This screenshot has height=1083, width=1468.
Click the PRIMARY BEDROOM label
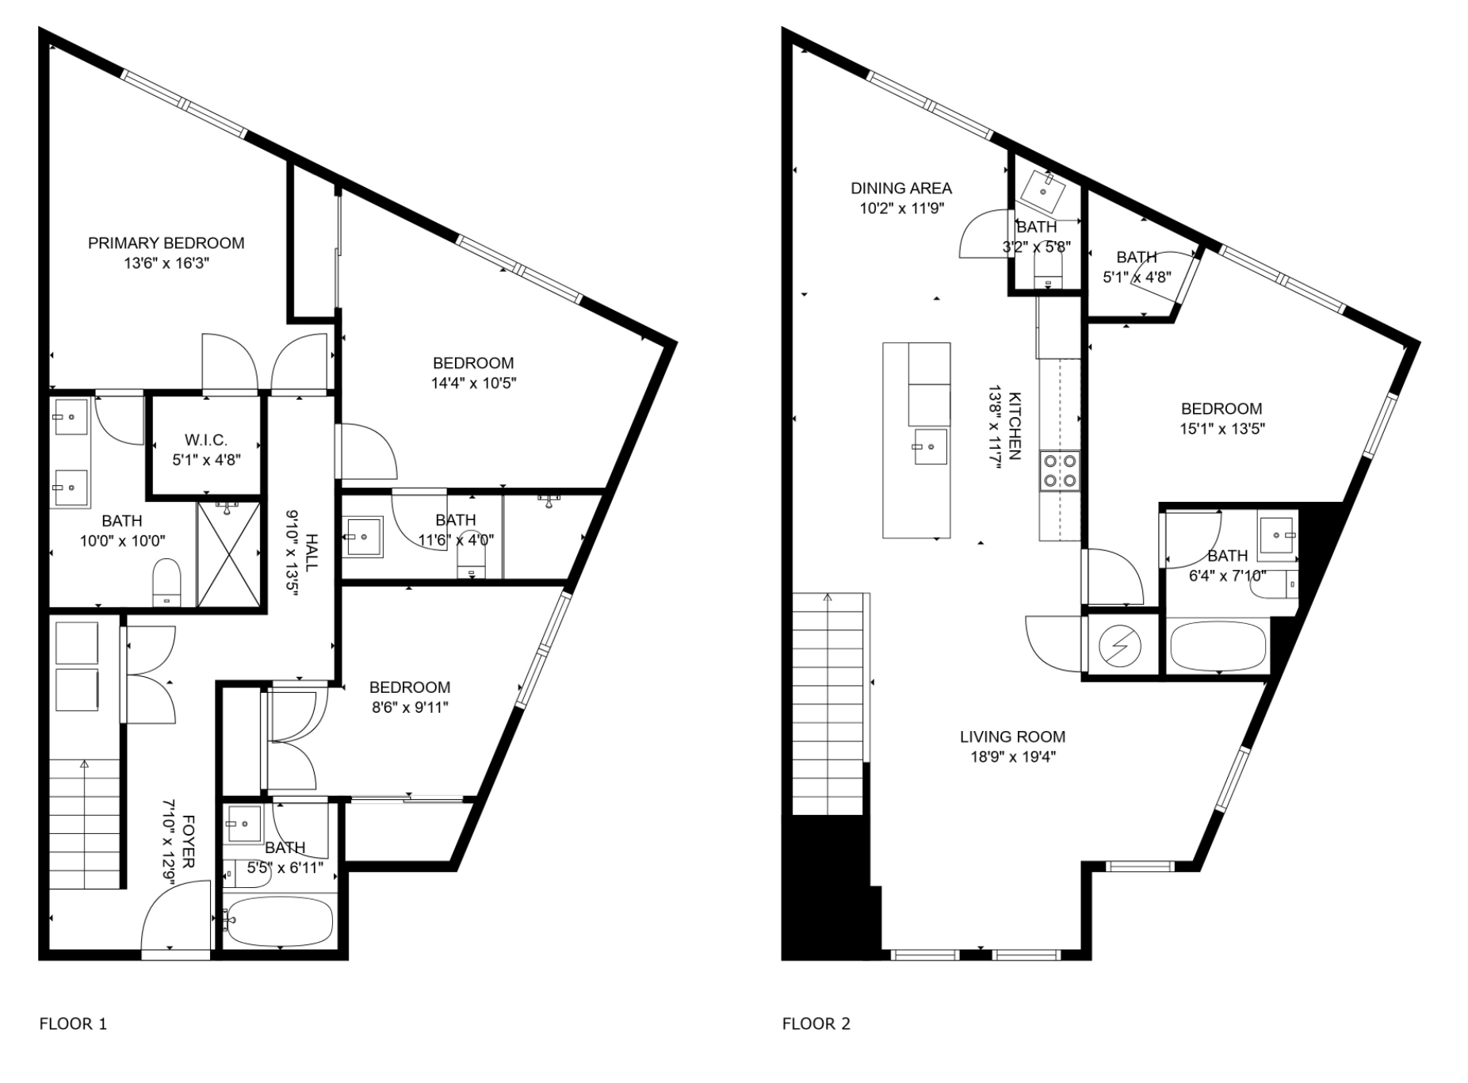pyautogui.click(x=166, y=243)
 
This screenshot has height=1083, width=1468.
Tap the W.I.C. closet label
pyautogui.click(x=206, y=440)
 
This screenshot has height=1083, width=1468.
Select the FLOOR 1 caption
pyautogui.click(x=73, y=1024)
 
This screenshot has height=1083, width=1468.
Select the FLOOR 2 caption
pyautogui.click(x=816, y=1024)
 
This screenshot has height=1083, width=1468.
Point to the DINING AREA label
pyautogui.click(x=901, y=189)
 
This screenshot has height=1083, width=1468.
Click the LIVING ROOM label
pyautogui.click(x=1012, y=737)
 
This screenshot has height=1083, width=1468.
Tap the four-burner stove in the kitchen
pyautogui.click(x=1060, y=471)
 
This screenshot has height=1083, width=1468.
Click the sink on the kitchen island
pyautogui.click(x=929, y=447)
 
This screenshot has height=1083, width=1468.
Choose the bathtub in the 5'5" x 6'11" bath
pyautogui.click(x=278, y=920)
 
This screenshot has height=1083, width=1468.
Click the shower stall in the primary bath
pyautogui.click(x=228, y=553)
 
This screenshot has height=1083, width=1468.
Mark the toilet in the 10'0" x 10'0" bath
pyautogui.click(x=166, y=581)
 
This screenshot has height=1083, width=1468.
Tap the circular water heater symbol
pyautogui.click(x=1118, y=647)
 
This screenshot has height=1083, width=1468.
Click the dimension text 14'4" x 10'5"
pyautogui.click(x=474, y=384)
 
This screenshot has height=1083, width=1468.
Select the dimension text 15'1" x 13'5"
pyautogui.click(x=1221, y=429)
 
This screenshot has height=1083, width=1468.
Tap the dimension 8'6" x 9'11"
pyautogui.click(x=410, y=707)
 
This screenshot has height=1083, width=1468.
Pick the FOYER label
pyautogui.click(x=189, y=841)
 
